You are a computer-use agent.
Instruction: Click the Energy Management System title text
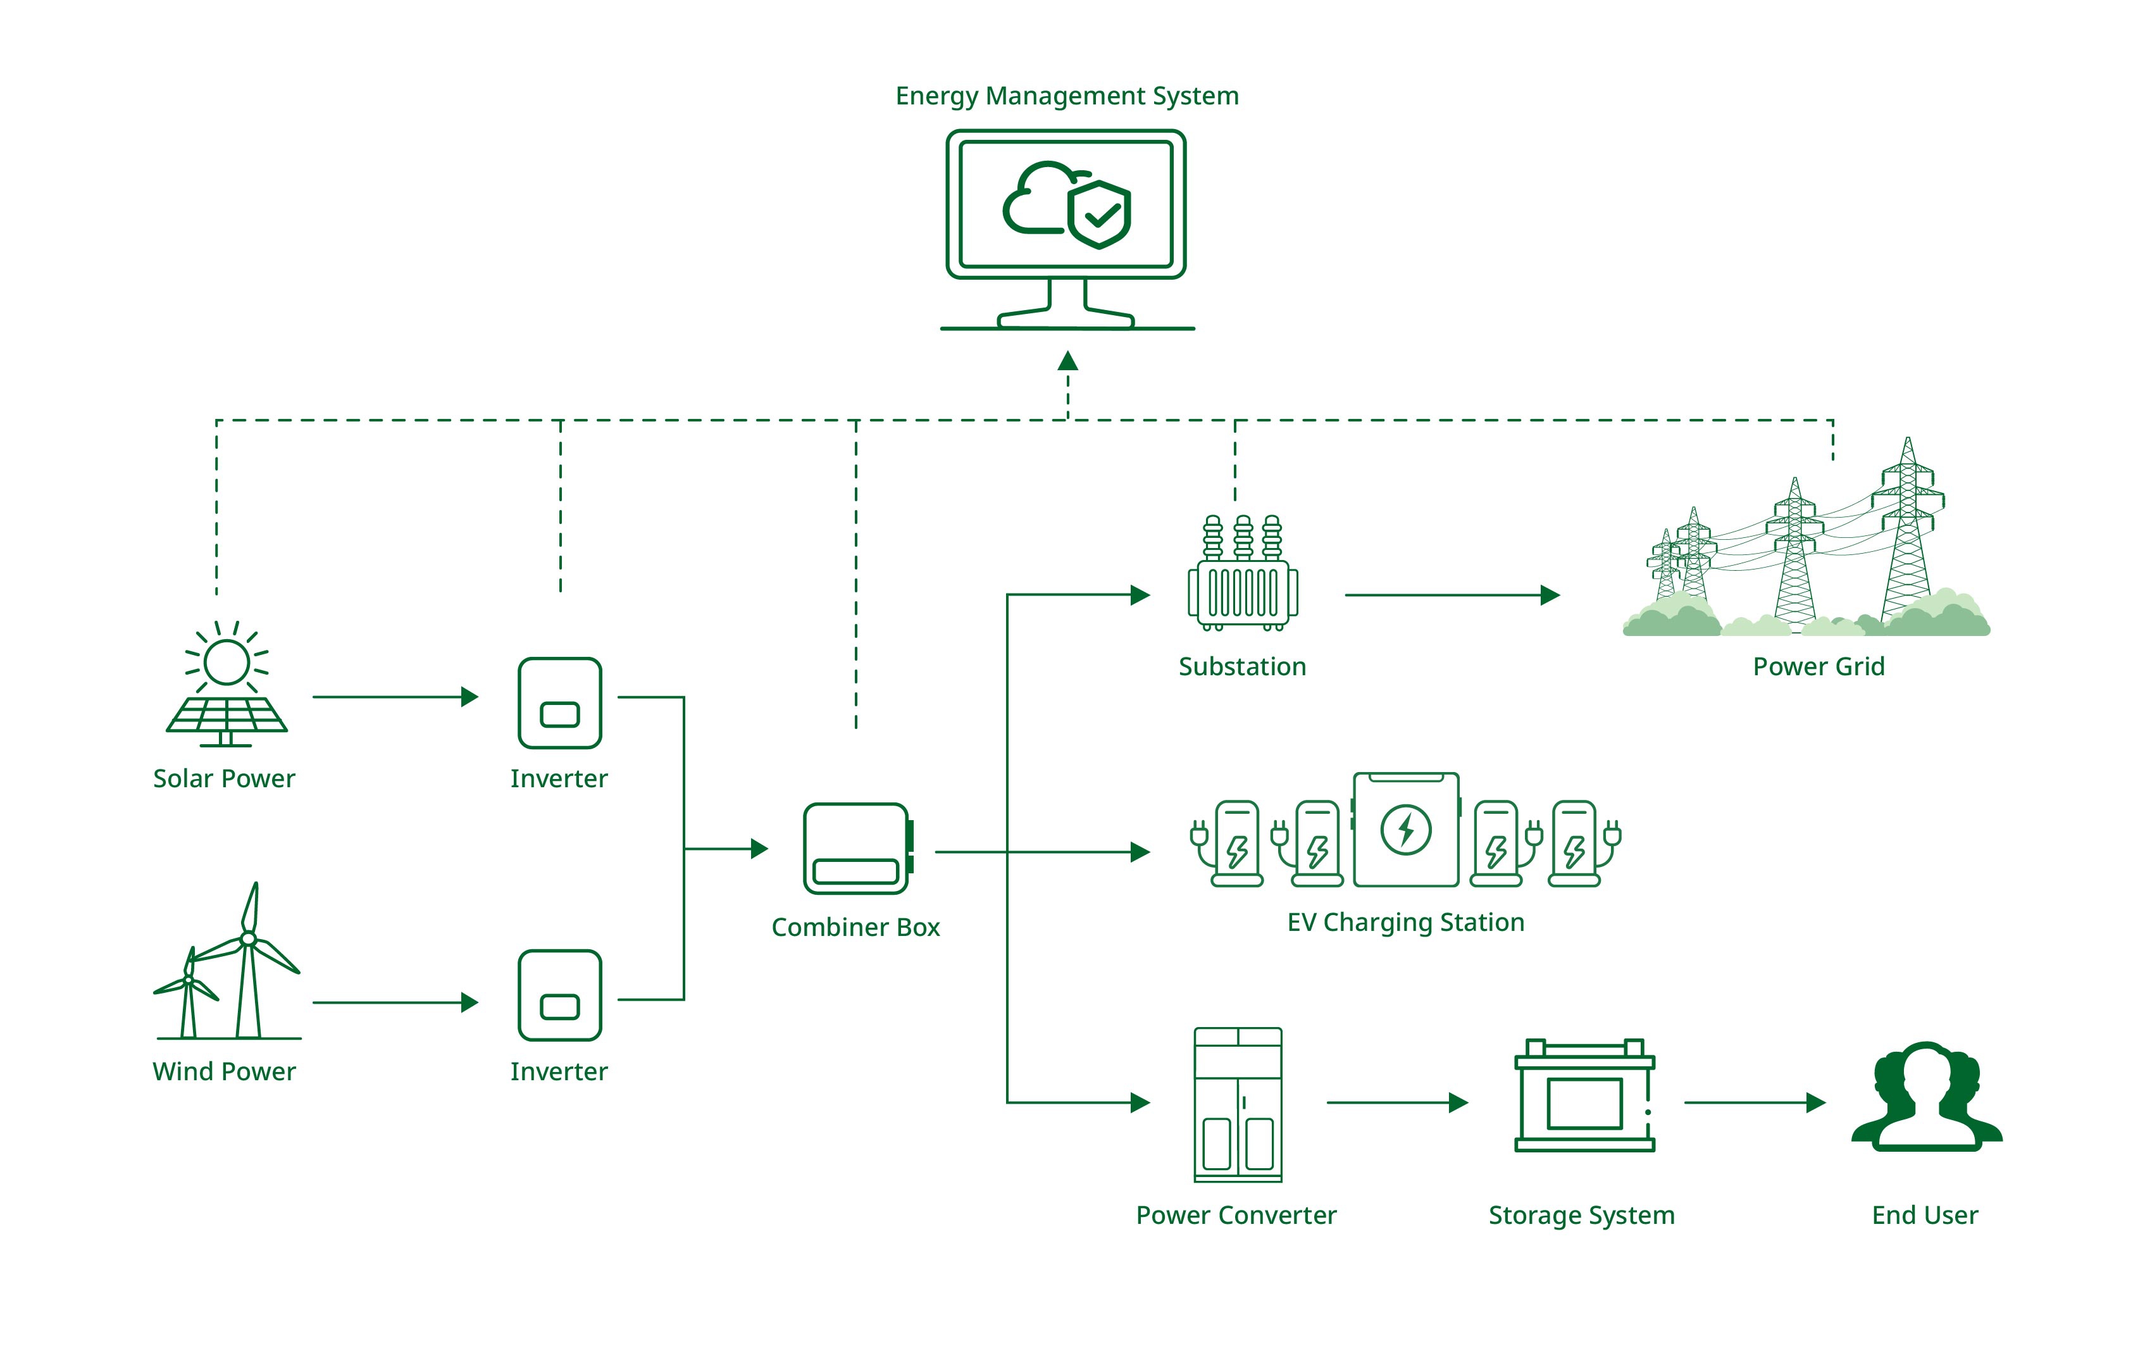click(1066, 96)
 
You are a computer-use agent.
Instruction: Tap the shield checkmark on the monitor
click(1100, 215)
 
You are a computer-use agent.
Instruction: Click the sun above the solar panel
click(227, 662)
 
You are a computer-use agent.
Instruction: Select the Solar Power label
click(223, 779)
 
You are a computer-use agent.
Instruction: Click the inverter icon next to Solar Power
click(559, 703)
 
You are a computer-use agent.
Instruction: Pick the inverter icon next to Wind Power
click(559, 995)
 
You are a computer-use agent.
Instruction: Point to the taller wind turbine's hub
click(249, 938)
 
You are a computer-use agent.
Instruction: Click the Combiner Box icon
click(857, 848)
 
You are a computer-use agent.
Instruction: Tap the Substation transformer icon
click(1243, 575)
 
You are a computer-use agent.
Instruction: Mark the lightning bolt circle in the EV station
click(1406, 830)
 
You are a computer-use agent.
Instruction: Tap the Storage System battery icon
click(1584, 1097)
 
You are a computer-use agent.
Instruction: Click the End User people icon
click(1926, 1099)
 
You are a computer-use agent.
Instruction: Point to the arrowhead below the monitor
click(1068, 361)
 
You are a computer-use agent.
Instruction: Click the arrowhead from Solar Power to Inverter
click(469, 697)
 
